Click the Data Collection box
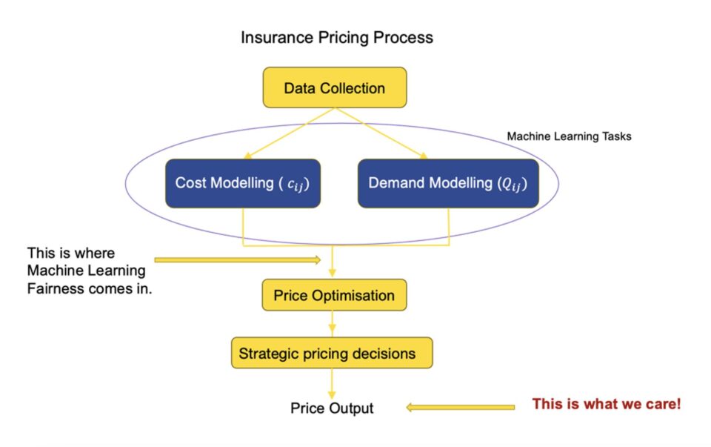[x=335, y=87]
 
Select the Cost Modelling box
[x=243, y=183]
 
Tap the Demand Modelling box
[x=449, y=183]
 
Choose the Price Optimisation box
[x=334, y=295]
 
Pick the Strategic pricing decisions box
[x=332, y=353]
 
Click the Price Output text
[x=332, y=408]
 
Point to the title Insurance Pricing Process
[x=337, y=37]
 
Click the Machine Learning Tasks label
[x=569, y=136]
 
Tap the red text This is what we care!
[x=607, y=404]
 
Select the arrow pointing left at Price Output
[x=460, y=408]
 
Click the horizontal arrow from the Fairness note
[x=238, y=260]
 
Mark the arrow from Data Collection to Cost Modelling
[x=290, y=133]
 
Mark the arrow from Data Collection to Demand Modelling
[x=381, y=133]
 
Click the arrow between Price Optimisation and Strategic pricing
[x=332, y=324]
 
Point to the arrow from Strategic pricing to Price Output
[x=332, y=384]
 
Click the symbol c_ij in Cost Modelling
[x=296, y=185]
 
